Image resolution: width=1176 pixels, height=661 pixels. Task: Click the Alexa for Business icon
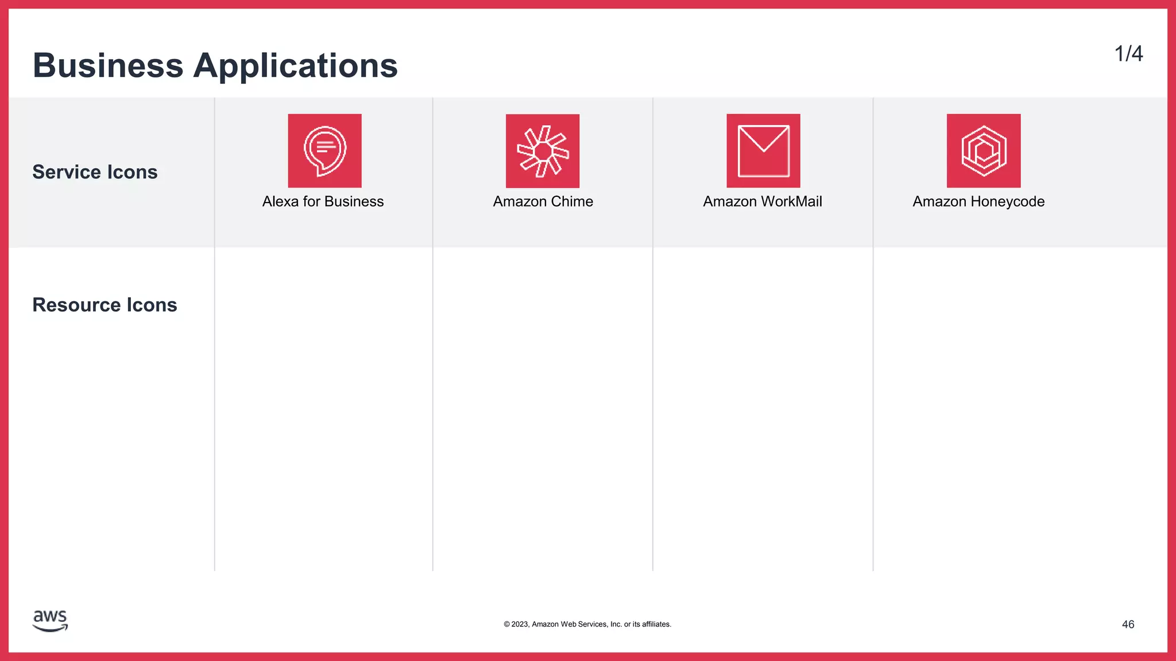click(324, 150)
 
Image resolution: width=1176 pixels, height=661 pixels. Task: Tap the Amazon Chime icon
click(543, 151)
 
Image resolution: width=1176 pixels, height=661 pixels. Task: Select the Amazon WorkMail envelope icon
click(763, 150)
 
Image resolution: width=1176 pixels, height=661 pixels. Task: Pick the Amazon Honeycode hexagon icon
click(984, 150)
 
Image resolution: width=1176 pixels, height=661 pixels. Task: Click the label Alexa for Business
click(323, 201)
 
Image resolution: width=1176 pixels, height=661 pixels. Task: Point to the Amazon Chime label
click(543, 201)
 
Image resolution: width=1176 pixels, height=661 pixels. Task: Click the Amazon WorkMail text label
click(763, 201)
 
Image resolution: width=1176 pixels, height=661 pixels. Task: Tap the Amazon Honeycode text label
click(978, 201)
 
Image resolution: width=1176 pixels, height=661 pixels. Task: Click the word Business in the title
click(108, 65)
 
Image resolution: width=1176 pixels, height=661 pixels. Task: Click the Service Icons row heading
click(95, 172)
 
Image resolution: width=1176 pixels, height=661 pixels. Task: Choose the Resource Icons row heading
click(105, 305)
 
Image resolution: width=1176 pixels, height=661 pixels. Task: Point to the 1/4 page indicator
click(1128, 54)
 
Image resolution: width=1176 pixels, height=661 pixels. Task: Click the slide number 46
click(1128, 624)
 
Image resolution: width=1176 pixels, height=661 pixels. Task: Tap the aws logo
click(51, 620)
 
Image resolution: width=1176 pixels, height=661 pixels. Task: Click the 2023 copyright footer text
click(587, 624)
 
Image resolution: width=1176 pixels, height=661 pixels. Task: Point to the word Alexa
click(280, 201)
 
